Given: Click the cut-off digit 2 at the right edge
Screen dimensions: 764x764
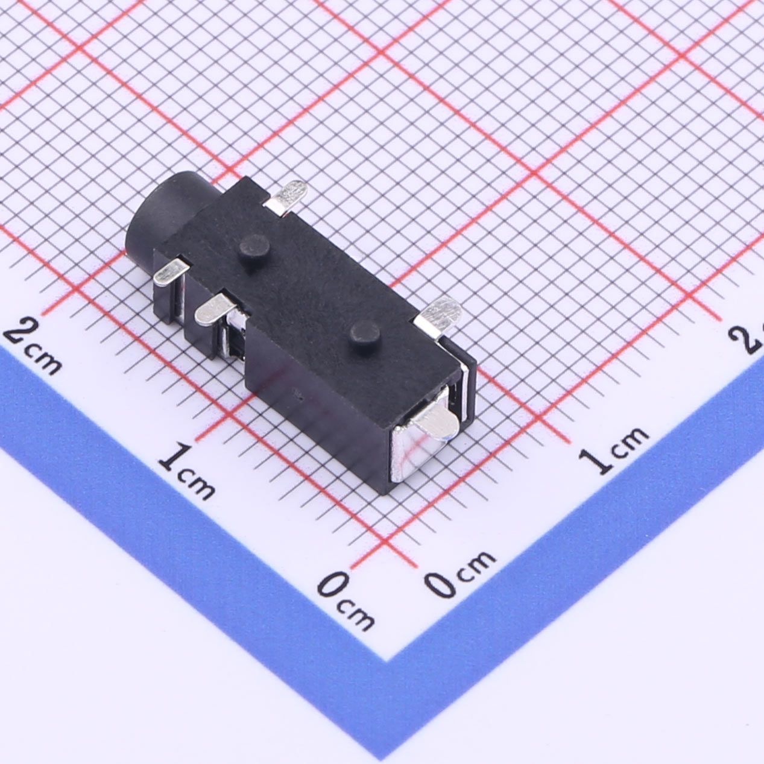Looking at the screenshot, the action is [751, 338].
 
